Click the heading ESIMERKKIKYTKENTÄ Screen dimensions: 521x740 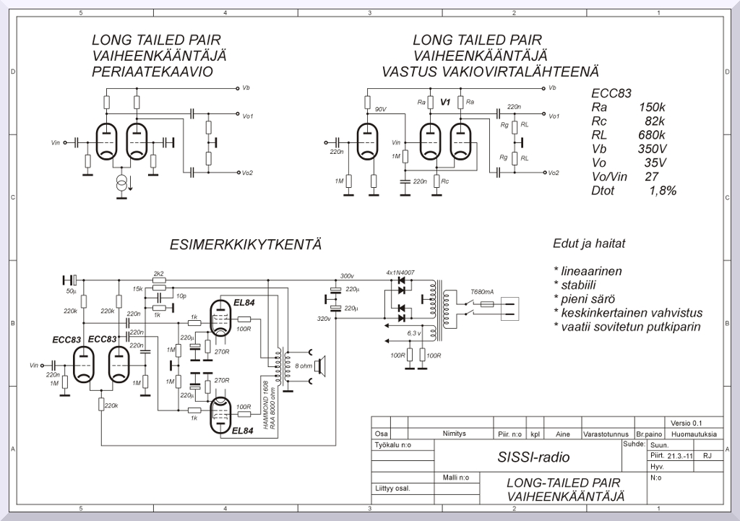pos(245,244)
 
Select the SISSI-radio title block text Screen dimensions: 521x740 pos(533,457)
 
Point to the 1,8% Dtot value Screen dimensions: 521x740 pos(663,190)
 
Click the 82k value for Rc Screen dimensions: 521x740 pos(654,121)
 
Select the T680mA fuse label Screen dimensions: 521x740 pos(482,292)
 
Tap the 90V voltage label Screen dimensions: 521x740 pos(380,109)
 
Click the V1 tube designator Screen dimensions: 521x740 pos(446,103)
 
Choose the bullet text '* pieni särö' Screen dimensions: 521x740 pos(587,299)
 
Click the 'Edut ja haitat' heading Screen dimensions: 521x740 pos(588,244)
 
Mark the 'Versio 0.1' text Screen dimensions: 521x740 pos(686,423)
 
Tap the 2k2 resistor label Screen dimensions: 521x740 pos(159,273)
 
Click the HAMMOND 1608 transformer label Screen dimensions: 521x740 pos(266,405)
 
